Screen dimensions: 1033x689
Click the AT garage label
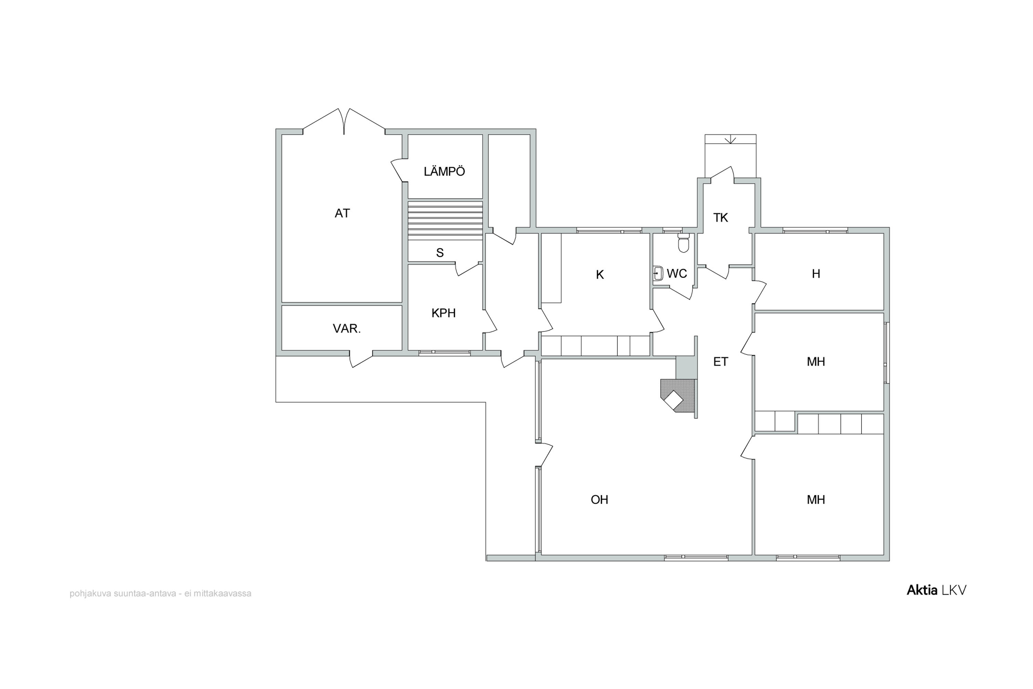coord(342,214)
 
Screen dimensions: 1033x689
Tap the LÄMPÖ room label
coord(444,171)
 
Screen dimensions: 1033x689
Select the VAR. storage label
coord(346,329)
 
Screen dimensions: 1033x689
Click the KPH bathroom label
coord(443,313)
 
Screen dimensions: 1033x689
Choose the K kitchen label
coord(599,275)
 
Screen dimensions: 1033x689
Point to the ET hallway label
coord(720,362)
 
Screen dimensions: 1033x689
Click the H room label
coord(816,274)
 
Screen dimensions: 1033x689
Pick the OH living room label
coord(599,500)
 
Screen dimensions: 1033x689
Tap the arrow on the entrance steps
coord(730,140)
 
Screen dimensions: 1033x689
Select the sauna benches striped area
coord(445,220)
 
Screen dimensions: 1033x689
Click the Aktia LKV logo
coord(936,590)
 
